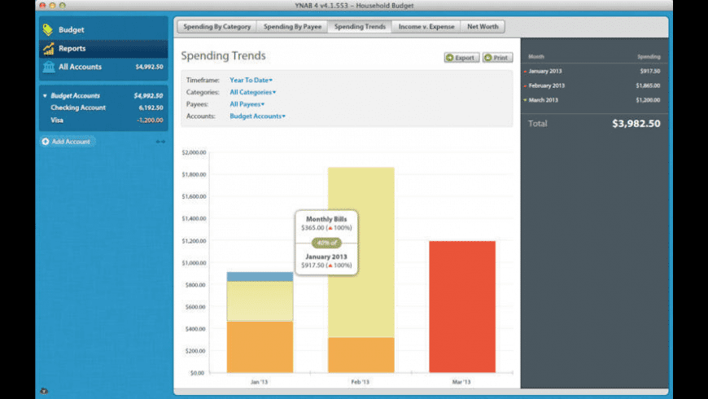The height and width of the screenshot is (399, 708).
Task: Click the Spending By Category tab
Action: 216,27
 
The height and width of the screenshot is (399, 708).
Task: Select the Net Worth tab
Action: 483,27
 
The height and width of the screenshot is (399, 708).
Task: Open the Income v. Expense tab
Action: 426,27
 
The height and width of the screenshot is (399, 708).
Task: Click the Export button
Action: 461,58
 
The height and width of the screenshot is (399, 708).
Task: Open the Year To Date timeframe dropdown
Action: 251,80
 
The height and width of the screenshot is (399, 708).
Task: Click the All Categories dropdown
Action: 252,92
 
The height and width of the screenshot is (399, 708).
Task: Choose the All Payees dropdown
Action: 247,104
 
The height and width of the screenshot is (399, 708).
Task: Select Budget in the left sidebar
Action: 71,30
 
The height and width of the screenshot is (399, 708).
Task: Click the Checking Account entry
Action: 78,107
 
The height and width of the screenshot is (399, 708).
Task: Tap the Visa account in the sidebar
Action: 57,120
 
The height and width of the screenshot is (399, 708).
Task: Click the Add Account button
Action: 69,142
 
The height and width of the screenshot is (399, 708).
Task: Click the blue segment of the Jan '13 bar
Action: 260,277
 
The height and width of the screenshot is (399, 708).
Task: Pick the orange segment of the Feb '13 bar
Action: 361,355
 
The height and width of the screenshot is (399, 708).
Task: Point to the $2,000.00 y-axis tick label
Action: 194,152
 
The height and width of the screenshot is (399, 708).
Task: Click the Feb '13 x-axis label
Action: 361,381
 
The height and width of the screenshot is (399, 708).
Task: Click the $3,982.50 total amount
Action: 636,124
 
